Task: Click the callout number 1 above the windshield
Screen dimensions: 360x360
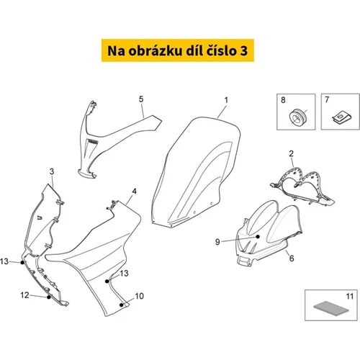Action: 226,100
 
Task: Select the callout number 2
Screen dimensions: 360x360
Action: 291,153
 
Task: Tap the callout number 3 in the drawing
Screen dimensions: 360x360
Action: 52,171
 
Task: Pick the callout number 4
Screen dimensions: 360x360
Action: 135,192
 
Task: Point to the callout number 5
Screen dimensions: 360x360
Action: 141,99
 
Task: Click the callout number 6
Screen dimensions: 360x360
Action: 292,258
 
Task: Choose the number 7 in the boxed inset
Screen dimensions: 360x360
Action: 327,99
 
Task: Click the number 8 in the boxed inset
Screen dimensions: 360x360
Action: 283,100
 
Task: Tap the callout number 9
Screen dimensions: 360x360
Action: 217,242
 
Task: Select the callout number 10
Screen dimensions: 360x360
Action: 139,296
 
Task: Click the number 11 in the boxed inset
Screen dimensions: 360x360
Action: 350,297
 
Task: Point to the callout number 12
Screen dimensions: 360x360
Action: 24,295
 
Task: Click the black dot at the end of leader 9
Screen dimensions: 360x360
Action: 258,237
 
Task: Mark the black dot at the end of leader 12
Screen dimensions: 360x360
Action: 49,297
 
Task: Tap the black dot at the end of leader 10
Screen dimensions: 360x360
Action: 122,305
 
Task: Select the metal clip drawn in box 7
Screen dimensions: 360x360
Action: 341,117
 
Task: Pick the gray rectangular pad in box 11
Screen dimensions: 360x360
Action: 331,308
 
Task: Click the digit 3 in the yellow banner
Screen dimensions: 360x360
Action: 243,50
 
